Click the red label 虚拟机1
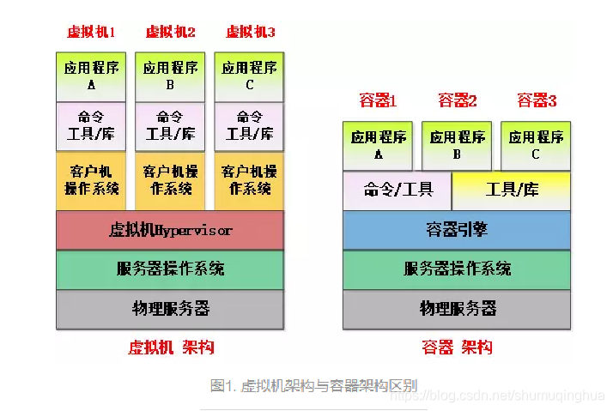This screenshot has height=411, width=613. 91,33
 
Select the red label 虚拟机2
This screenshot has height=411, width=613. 170,33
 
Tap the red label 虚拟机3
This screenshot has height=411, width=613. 250,33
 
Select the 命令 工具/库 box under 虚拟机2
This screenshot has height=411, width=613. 170,126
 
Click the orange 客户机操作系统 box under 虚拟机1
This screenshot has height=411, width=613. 91,180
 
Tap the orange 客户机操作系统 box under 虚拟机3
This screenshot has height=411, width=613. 249,180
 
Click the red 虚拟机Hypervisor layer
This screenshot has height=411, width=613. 170,230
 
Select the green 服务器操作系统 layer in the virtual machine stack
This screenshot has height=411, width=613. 170,269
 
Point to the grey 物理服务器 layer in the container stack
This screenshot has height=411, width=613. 457,309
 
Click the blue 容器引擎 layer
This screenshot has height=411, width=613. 457,230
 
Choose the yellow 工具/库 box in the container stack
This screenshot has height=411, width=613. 512,190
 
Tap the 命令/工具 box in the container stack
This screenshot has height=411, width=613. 398,190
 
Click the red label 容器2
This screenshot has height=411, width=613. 457,101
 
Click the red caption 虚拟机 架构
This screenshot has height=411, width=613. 170,348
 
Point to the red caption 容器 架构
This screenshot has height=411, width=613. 457,348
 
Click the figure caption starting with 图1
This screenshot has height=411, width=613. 313,385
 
